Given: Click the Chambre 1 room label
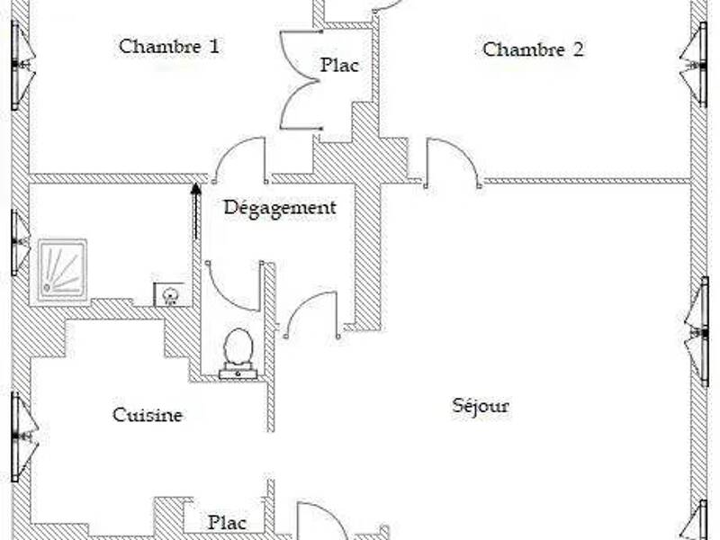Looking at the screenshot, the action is [x=168, y=47].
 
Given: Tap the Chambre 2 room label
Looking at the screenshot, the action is [x=533, y=49].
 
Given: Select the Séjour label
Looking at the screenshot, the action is [x=481, y=406].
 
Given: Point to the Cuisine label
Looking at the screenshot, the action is [x=148, y=415].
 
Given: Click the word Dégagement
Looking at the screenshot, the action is [x=280, y=208].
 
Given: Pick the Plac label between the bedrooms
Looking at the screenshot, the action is [x=339, y=65].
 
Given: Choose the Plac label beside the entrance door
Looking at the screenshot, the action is [x=228, y=522].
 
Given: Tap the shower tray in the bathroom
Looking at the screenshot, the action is [x=62, y=270].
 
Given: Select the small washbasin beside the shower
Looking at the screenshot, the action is [x=170, y=294].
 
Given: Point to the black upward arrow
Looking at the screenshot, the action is [x=196, y=211].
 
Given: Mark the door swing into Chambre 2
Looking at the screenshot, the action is [x=453, y=162].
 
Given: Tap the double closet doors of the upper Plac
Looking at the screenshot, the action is [x=300, y=80].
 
